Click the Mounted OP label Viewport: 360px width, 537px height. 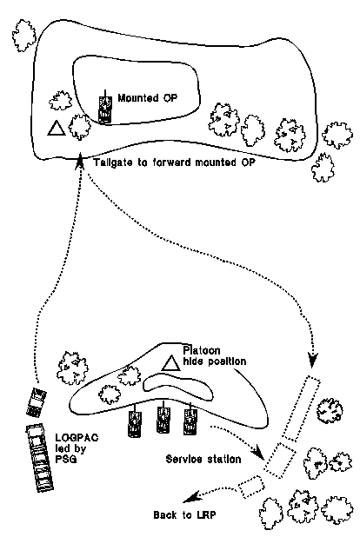point(148,98)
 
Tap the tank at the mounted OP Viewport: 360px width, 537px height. point(105,108)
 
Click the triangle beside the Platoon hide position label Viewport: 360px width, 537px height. point(170,363)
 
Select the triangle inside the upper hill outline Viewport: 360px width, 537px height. point(57,128)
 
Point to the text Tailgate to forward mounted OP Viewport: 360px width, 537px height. point(175,162)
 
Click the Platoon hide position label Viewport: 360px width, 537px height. point(214,356)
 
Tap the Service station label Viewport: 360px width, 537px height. point(203,459)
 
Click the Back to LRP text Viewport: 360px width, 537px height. point(184,514)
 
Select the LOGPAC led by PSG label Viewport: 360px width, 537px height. point(77,448)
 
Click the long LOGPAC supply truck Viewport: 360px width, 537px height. point(40,458)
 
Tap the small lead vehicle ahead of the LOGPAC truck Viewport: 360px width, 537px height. point(37,401)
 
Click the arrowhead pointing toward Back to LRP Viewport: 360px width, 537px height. point(190,497)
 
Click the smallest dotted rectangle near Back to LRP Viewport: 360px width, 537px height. point(251,487)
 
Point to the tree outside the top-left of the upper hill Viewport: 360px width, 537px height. point(23,36)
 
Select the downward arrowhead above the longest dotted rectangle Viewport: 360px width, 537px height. point(313,361)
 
